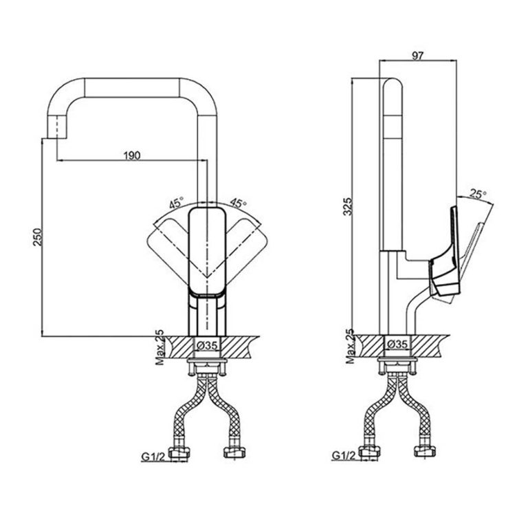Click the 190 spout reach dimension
pos(133,155)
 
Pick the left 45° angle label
pos(177,203)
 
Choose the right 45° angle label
pos(238,203)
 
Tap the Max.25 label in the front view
pos(159,347)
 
